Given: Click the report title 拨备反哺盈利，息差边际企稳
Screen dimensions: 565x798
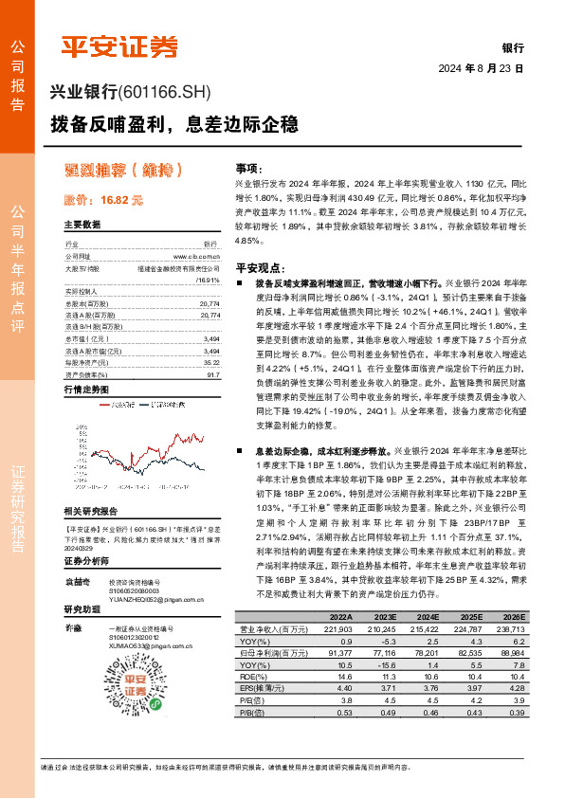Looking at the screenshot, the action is pyautogui.click(x=173, y=124).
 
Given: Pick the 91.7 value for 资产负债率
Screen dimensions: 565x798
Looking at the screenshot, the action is pyautogui.click(x=213, y=374).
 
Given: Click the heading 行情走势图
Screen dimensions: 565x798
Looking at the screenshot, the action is pyautogui.click(x=86, y=390).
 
